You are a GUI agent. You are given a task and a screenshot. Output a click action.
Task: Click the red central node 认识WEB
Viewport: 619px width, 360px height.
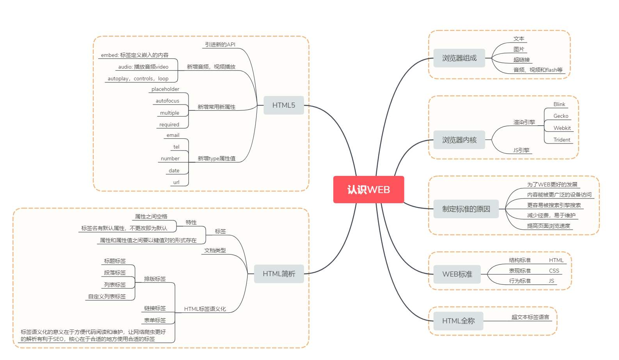(368, 190)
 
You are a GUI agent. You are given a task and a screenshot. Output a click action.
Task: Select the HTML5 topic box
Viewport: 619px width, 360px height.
(283, 105)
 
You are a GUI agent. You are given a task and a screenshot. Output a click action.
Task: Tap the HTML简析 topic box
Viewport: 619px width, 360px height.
(279, 274)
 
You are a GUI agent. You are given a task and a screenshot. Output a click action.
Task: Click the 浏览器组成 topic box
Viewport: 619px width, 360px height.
(459, 58)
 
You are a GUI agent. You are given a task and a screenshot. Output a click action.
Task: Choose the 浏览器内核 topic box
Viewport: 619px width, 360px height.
(459, 140)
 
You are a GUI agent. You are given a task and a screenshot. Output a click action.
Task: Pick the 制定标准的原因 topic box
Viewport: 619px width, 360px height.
(466, 209)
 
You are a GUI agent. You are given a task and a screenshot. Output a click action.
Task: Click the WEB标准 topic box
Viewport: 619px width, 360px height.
(457, 274)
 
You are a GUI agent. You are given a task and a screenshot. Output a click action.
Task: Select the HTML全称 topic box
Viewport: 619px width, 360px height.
(458, 321)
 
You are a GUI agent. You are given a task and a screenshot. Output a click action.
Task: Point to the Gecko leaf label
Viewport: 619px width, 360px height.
(560, 116)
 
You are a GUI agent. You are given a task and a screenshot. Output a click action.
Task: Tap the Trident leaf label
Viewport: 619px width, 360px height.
(562, 140)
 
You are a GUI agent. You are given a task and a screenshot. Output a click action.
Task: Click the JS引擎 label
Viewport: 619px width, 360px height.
(521, 150)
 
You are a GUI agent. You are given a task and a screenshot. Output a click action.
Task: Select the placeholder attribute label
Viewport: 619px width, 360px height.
(165, 89)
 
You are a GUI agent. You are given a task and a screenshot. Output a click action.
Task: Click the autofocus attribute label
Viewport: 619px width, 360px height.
(167, 101)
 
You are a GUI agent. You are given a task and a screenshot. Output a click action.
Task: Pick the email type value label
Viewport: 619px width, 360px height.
(173, 135)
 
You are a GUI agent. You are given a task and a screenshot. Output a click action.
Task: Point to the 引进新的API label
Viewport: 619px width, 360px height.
(220, 44)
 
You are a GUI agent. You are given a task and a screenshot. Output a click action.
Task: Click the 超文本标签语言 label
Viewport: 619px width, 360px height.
(530, 317)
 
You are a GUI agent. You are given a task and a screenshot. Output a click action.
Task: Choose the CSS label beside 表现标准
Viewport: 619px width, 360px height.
(554, 271)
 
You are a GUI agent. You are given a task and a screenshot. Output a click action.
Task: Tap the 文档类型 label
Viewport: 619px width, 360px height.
(215, 250)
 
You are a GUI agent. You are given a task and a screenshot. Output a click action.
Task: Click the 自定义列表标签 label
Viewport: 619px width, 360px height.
(107, 296)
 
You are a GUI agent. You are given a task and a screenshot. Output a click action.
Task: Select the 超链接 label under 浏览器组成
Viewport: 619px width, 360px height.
(521, 60)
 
